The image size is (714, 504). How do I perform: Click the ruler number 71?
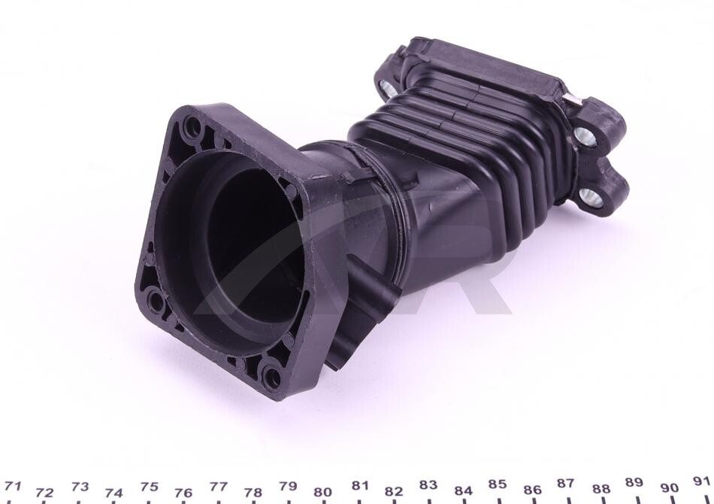click(13, 486)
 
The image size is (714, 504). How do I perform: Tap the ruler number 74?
click(113, 493)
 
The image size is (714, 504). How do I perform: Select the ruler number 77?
click(218, 487)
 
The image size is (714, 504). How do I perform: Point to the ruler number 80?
click(322, 492)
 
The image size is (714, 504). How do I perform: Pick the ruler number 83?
click(428, 485)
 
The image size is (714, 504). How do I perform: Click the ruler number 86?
click(532, 490)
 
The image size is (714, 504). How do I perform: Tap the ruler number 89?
click(634, 482)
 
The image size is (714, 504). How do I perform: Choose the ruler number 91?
click(701, 481)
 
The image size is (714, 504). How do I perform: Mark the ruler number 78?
click(253, 493)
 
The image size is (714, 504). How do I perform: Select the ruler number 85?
click(497, 484)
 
